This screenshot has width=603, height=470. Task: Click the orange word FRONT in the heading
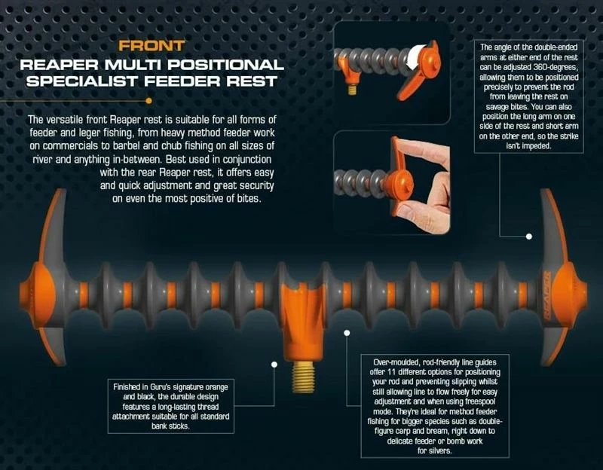[152, 46]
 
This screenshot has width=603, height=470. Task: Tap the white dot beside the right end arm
[529, 237]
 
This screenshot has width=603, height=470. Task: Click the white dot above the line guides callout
[347, 333]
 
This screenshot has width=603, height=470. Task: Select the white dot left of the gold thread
[274, 365]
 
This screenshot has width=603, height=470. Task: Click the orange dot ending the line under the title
[148, 101]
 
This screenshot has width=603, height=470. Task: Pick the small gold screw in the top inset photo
[352, 90]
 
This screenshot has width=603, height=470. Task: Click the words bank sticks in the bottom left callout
[170, 426]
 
